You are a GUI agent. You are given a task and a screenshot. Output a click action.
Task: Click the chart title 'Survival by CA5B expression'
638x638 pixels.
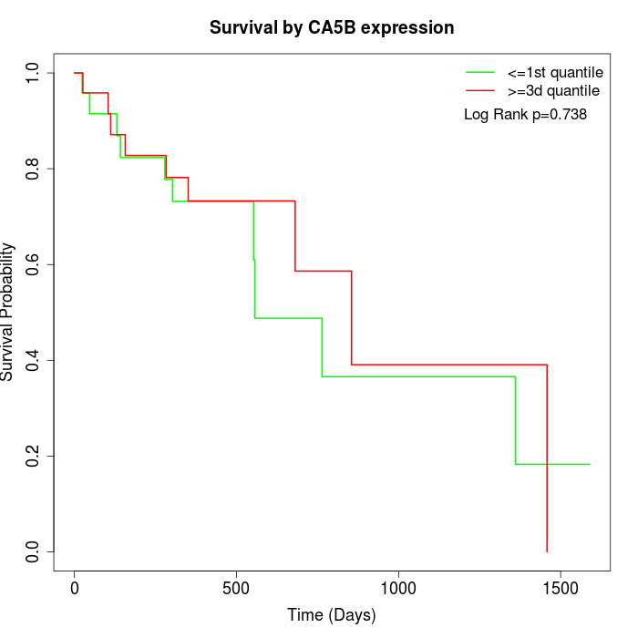pyautogui.click(x=332, y=27)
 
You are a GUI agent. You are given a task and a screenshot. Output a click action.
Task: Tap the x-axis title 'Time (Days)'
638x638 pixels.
pyautogui.click(x=331, y=615)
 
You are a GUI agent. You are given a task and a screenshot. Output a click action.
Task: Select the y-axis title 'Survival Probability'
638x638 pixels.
pyautogui.click(x=8, y=312)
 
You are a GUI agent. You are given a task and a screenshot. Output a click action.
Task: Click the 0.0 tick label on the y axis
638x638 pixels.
pyautogui.click(x=34, y=551)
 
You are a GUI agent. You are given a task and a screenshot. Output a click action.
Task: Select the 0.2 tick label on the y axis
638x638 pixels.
pyautogui.click(x=34, y=456)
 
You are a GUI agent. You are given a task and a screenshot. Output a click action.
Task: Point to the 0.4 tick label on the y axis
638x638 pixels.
pyautogui.click(x=34, y=360)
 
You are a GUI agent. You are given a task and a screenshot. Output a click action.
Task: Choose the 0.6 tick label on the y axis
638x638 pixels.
pyautogui.click(x=34, y=264)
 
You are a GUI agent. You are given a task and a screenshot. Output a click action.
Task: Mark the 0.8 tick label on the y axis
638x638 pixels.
pyautogui.click(x=34, y=169)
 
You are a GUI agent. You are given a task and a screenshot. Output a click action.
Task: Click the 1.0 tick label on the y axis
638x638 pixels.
pyautogui.click(x=34, y=73)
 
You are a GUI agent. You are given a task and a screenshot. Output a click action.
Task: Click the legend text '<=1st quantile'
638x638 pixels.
pyautogui.click(x=554, y=72)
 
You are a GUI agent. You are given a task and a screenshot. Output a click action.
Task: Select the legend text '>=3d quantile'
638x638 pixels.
pyautogui.click(x=553, y=90)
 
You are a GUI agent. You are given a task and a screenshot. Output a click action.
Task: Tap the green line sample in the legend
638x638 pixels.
pyautogui.click(x=480, y=72)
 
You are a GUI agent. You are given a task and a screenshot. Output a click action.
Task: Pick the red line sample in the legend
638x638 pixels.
pyautogui.click(x=480, y=90)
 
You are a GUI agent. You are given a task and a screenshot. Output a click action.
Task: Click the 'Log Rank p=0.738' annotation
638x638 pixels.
pyautogui.click(x=525, y=115)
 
